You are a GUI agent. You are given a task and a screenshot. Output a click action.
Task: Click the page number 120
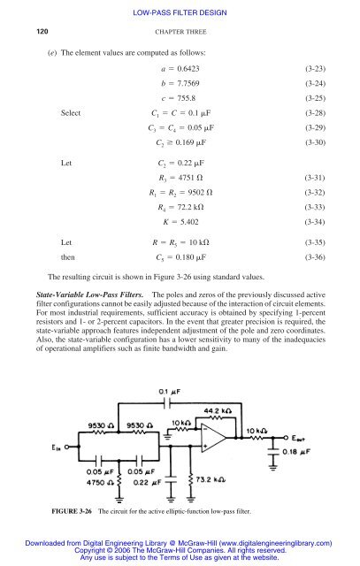41,32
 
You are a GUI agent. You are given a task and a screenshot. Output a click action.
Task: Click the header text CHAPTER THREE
180,32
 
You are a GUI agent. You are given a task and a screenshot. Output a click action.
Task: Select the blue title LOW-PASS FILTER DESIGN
180,11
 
